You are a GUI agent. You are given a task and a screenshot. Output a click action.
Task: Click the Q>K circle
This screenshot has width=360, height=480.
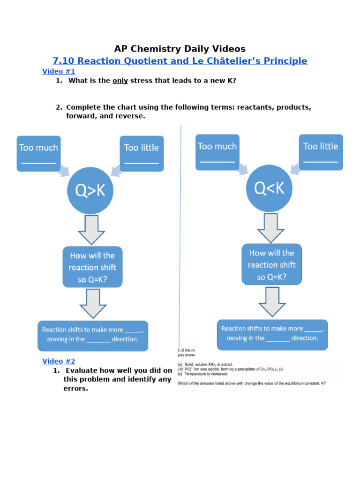(x=90, y=190)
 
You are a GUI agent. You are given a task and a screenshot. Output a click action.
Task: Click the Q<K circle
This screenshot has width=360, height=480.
(x=270, y=189)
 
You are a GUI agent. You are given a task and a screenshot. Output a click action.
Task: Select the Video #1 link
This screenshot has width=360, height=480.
(x=59, y=71)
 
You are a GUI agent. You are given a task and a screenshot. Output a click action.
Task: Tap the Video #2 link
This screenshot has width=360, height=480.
(x=59, y=361)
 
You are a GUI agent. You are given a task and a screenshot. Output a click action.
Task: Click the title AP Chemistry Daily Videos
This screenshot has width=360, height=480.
(x=180, y=49)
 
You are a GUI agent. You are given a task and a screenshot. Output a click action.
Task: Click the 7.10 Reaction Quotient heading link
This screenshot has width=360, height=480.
(x=180, y=61)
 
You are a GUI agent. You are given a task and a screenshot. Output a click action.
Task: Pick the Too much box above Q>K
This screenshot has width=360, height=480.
(x=38, y=153)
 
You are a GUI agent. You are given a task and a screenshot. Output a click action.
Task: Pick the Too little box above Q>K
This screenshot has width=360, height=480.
(x=142, y=153)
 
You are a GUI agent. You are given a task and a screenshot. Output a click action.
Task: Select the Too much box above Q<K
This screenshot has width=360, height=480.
(x=217, y=152)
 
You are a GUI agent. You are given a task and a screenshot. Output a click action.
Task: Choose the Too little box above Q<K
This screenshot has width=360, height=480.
(x=321, y=152)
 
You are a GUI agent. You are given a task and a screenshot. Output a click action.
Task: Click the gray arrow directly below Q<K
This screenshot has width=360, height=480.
(x=270, y=228)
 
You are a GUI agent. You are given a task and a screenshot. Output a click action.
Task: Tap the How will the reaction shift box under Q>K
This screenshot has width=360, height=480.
(x=92, y=267)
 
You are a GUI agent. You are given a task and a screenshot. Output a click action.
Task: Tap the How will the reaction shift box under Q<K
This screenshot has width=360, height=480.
(x=271, y=264)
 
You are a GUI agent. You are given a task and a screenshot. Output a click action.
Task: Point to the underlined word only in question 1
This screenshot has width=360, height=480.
(x=120, y=81)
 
